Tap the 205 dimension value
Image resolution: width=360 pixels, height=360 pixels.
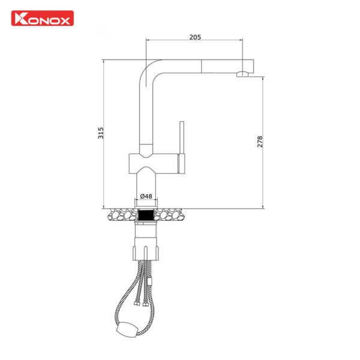pyautogui.click(x=194, y=37)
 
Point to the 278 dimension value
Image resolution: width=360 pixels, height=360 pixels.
pyautogui.click(x=260, y=142)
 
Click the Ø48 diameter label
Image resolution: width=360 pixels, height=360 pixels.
pyautogui.click(x=146, y=196)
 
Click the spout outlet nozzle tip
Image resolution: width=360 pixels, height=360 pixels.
pyautogui.click(x=242, y=74)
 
